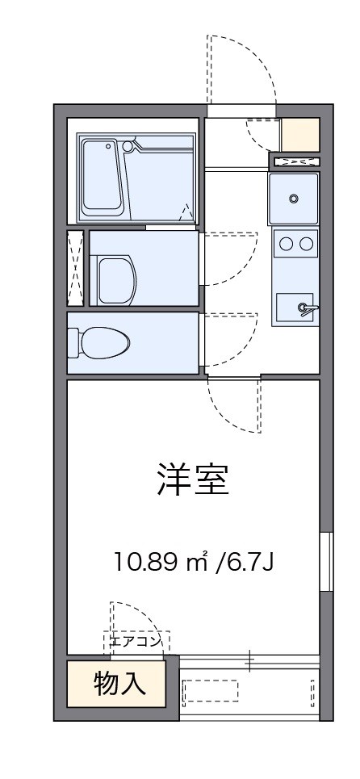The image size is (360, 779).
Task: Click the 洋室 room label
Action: tap(194, 480)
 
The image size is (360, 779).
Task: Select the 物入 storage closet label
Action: tap(120, 684)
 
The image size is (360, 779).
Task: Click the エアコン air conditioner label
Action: tap(135, 642)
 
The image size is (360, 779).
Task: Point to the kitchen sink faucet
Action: tap(305, 307)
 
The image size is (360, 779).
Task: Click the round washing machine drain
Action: tap(294, 198)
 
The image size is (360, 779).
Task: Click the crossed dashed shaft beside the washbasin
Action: tap(75, 268)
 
